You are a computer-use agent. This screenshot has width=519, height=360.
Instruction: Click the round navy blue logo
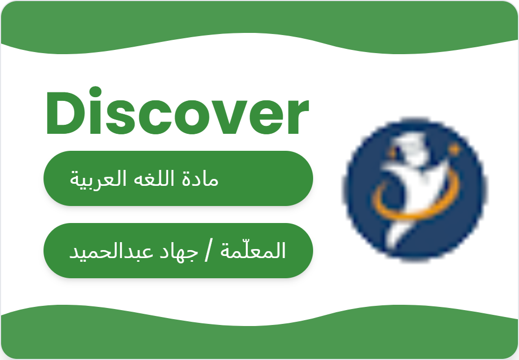[x=416, y=190]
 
